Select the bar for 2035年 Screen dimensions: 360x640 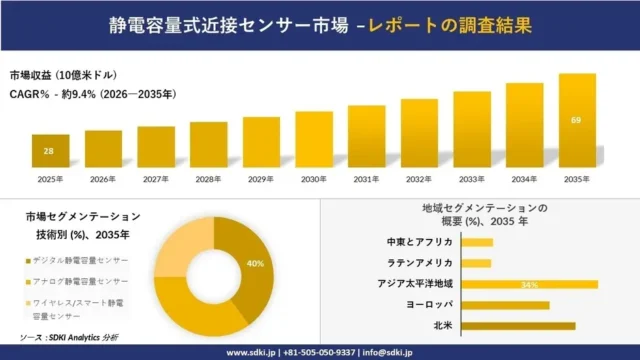tap(577, 121)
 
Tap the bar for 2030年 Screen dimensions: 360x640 tap(314, 139)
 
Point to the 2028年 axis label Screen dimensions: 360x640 tap(208, 181)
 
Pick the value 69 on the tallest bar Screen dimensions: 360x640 tap(576, 121)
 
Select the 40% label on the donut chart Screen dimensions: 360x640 tap(255, 264)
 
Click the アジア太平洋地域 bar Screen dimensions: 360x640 tap(530, 284)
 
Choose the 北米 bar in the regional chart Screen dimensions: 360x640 tap(519, 326)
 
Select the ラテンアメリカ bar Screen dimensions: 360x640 tap(477, 263)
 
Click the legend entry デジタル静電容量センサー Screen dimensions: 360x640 tap(81, 260)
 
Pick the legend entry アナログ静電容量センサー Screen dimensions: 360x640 tap(81, 283)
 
